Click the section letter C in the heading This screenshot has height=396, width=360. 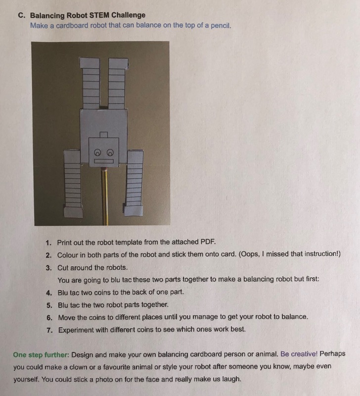coord(21,15)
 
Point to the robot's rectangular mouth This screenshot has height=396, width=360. coord(104,161)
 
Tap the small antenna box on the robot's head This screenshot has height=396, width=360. coord(104,135)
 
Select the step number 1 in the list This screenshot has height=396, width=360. coord(48,243)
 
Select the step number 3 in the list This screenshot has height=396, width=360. coord(48,267)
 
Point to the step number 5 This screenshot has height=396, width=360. coord(48,304)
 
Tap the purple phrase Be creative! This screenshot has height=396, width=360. coord(300,354)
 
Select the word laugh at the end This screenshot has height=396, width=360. coord(231,379)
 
